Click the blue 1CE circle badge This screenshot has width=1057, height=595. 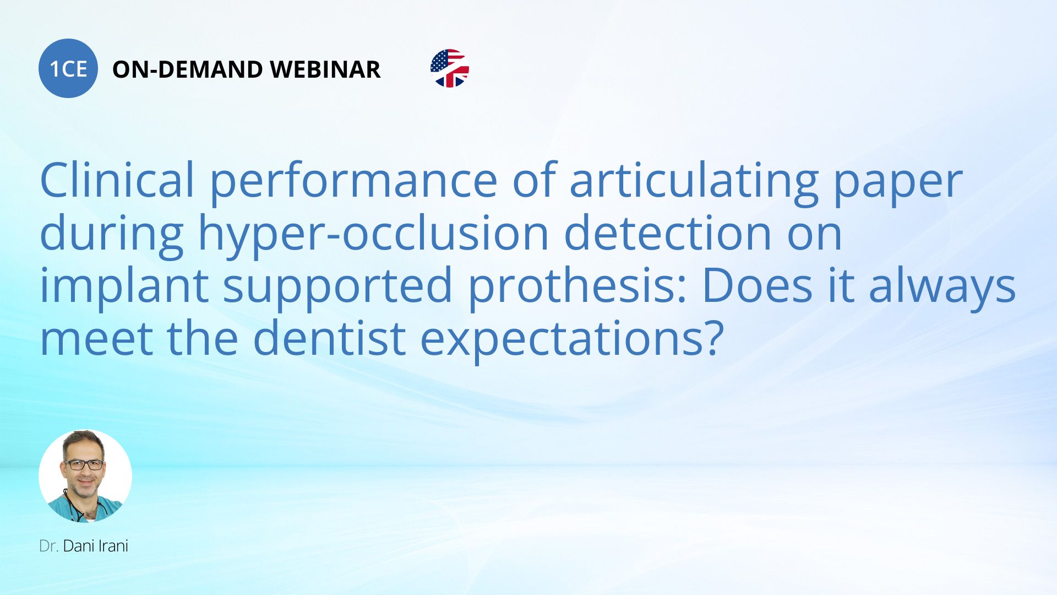68,68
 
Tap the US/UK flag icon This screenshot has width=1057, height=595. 450,68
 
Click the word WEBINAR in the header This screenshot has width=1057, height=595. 325,69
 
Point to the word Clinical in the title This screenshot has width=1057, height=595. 117,180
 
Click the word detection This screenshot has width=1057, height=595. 668,233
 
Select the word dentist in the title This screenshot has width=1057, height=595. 329,338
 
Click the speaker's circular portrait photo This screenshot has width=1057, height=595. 85,476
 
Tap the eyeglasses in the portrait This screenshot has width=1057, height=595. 84,464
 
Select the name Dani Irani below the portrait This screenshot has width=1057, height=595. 96,546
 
